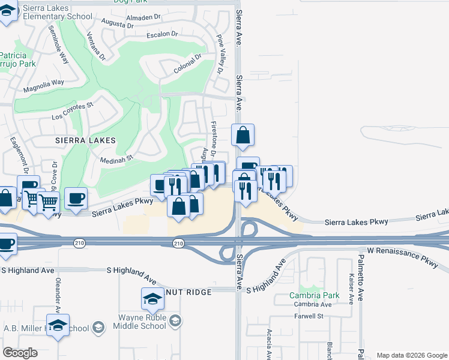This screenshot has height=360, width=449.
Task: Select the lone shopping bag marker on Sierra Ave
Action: [243, 136]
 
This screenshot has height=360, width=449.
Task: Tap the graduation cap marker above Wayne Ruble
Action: [153, 298]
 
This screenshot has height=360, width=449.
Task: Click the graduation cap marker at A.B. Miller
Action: [58, 325]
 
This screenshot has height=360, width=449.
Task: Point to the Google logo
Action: [20, 353]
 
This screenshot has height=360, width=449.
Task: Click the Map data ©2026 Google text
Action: [411, 355]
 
